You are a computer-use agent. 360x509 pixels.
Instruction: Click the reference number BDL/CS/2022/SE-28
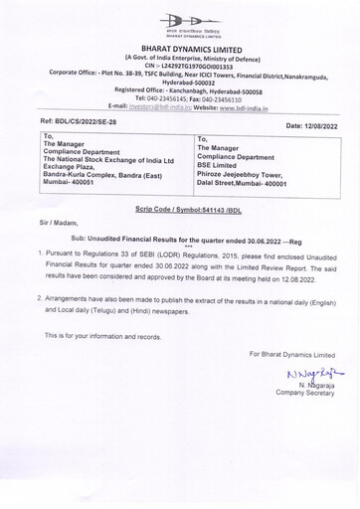64,119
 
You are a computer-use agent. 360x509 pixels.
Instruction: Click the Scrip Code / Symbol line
180,212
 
